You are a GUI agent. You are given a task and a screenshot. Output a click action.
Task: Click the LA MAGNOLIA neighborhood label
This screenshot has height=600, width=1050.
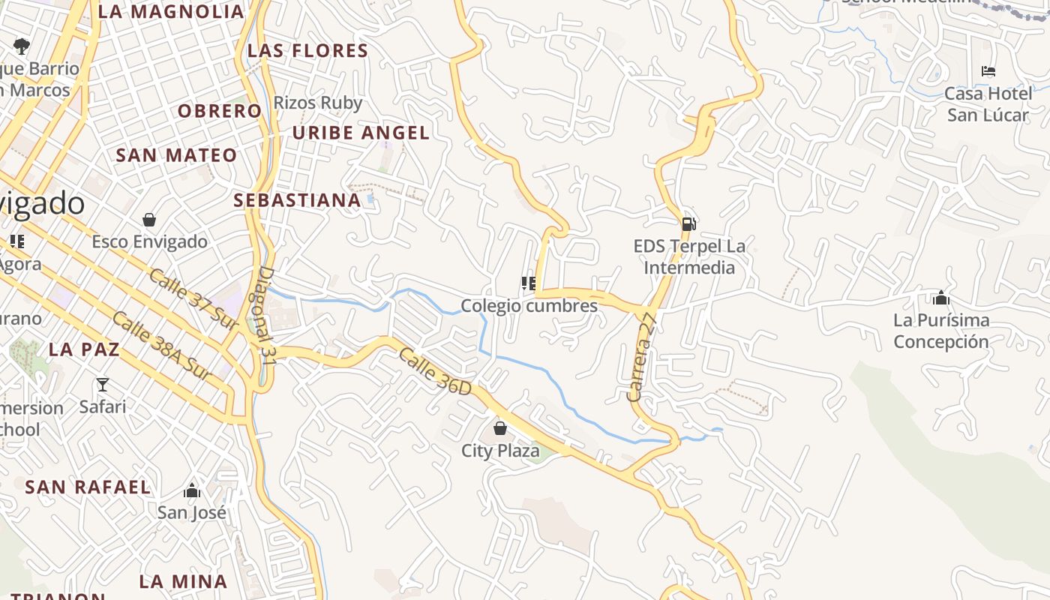pyautogui.click(x=171, y=12)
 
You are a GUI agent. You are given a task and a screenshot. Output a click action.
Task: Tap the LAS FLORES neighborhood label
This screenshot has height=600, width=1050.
pyautogui.click(x=307, y=51)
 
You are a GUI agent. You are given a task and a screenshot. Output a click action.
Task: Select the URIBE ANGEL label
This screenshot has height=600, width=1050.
pyautogui.click(x=361, y=133)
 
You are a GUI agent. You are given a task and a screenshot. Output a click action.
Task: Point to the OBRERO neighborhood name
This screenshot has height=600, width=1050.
pyautogui.click(x=220, y=111)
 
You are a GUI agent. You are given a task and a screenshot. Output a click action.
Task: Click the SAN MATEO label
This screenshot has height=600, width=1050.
pyautogui.click(x=176, y=156)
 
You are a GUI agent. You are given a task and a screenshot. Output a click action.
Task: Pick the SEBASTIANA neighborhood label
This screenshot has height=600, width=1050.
pyautogui.click(x=297, y=201)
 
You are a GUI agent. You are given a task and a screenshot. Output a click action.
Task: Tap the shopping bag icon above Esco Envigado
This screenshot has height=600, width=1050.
pyautogui.click(x=149, y=220)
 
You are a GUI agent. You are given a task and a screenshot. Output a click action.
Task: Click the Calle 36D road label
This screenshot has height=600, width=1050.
pyautogui.click(x=435, y=372)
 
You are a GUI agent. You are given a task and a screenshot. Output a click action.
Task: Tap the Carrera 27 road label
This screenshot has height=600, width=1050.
pyautogui.click(x=641, y=358)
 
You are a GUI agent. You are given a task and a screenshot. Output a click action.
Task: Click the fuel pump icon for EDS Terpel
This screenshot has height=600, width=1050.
pyautogui.click(x=688, y=223)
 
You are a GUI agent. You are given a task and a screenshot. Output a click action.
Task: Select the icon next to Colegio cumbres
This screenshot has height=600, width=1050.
pyautogui.click(x=529, y=283)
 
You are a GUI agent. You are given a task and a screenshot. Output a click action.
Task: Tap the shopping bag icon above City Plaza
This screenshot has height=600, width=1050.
pyautogui.click(x=500, y=428)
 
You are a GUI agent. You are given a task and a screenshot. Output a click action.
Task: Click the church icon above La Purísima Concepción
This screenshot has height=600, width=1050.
pyautogui.click(x=941, y=298)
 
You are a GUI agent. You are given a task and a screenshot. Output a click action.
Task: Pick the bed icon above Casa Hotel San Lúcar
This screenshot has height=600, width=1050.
pyautogui.click(x=988, y=72)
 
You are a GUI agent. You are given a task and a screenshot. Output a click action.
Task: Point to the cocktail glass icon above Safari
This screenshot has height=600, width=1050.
pyautogui.click(x=103, y=385)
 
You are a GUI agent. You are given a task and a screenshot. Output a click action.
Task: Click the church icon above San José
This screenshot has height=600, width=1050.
pyautogui.click(x=192, y=491)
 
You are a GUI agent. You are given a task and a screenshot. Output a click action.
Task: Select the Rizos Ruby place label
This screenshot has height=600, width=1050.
pyautogui.click(x=318, y=103)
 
